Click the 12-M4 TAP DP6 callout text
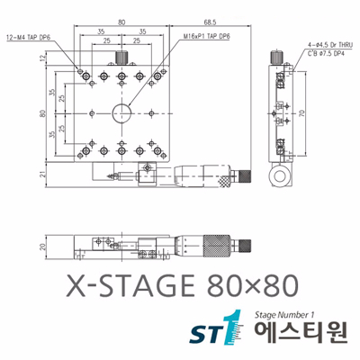29,40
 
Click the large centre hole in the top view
120,114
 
